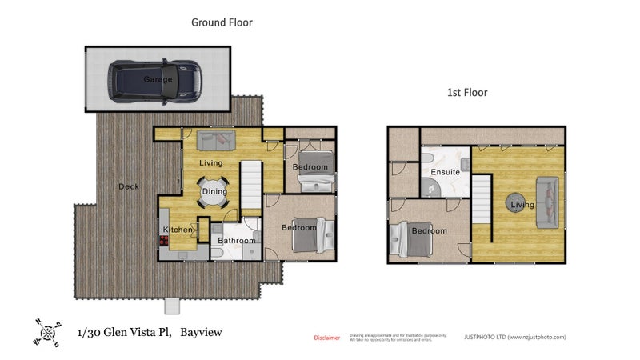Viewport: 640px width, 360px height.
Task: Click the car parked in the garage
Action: coord(157,80)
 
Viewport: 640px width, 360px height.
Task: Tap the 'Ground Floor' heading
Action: coord(222,22)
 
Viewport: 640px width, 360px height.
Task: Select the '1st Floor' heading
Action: coord(467,93)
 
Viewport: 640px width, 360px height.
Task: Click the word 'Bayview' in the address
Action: coord(201,332)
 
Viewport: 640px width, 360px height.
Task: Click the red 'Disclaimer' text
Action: coord(326,338)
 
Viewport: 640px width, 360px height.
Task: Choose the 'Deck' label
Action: coord(128,186)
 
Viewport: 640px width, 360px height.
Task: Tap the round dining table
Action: coord(214,191)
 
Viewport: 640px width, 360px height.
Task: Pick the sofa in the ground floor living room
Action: coord(216,142)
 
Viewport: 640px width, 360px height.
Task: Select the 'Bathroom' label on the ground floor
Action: coord(236,241)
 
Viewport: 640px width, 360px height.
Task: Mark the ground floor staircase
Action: coord(252,184)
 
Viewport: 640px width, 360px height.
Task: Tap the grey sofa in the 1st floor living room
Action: coord(550,199)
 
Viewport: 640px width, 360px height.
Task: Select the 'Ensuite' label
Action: coord(444,172)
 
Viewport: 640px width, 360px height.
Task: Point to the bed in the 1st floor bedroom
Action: coord(404,238)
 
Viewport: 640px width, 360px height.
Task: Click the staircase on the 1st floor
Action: coord(480,199)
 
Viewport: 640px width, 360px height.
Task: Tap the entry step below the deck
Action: coord(174,305)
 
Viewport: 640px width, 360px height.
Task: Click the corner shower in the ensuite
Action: coord(432,186)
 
